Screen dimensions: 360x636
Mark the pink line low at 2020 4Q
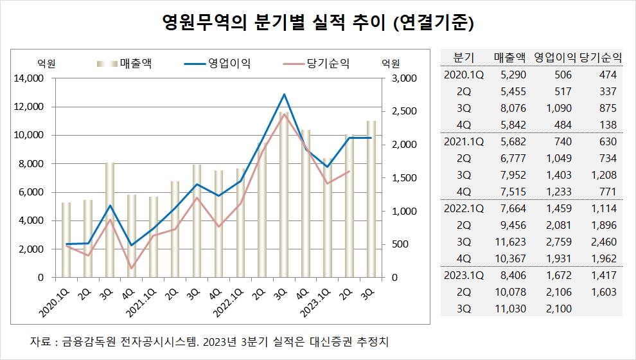132,268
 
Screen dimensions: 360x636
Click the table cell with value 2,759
556,242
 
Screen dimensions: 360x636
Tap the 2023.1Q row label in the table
464,275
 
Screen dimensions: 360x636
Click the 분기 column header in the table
464,57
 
